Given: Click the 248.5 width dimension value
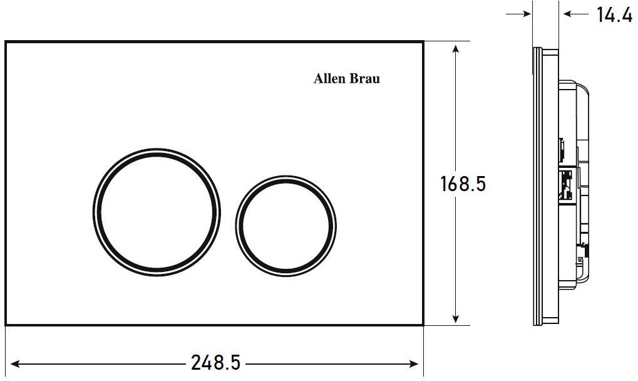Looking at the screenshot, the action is pyautogui.click(x=215, y=362).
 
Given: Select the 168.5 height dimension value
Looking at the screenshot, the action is pyautogui.click(x=463, y=184).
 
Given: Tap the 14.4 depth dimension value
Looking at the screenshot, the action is pyautogui.click(x=614, y=14).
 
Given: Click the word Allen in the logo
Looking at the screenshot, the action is pyautogui.click(x=329, y=78).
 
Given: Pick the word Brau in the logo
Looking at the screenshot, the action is pyautogui.click(x=365, y=78).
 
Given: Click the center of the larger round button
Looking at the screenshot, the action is pyautogui.click(x=157, y=212).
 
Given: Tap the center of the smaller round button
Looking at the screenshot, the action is pyautogui.click(x=286, y=226).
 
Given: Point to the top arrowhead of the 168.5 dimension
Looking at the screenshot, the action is pyautogui.click(x=456, y=50).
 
